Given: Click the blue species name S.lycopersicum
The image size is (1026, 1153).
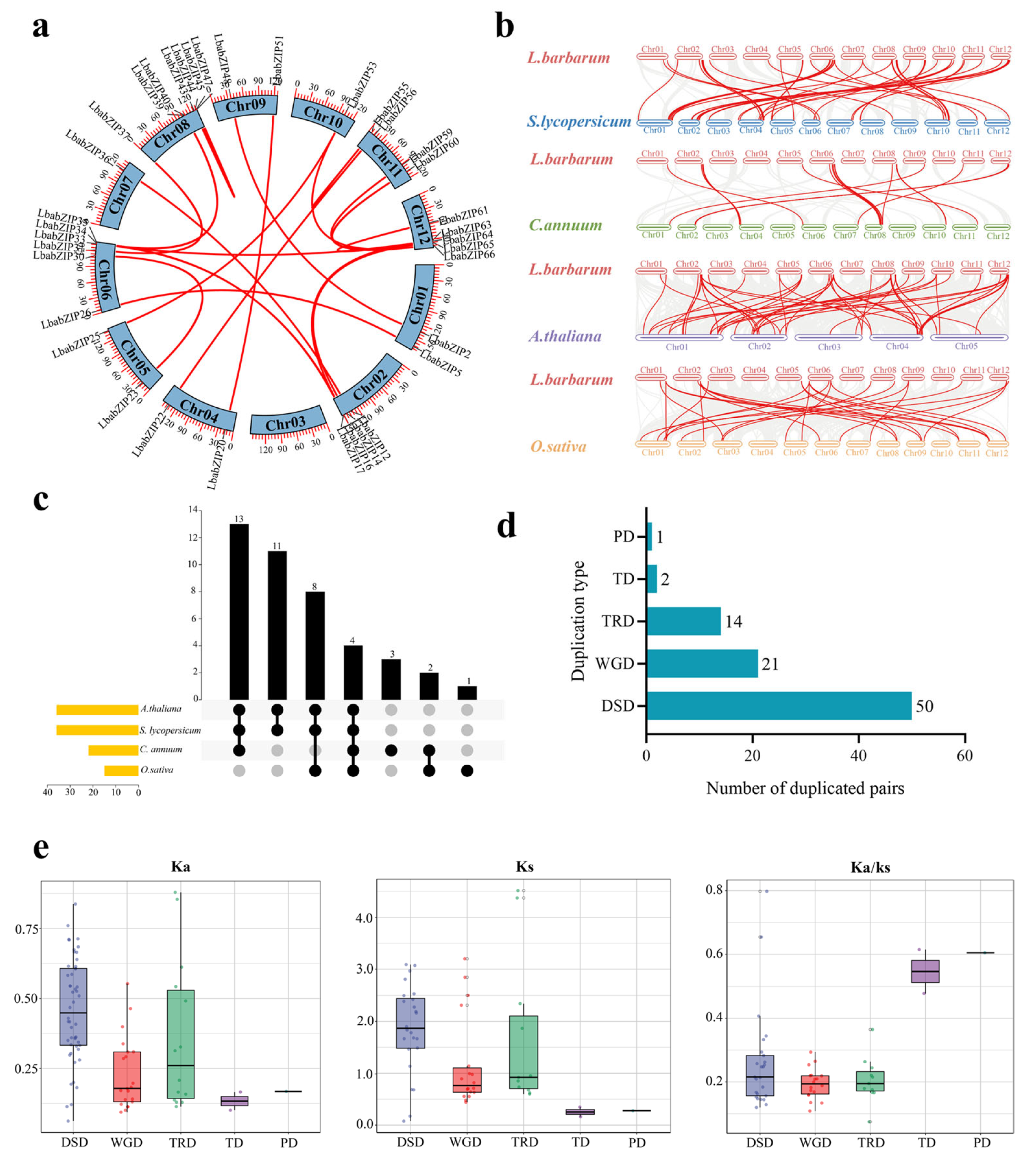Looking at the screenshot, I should [579, 121].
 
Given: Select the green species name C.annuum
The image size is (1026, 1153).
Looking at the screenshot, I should [565, 226].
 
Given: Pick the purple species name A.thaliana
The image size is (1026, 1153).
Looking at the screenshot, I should [565, 336].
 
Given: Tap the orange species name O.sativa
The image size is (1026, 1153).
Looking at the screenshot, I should [558, 447].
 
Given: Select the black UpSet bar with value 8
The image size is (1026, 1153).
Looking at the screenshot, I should [315, 645].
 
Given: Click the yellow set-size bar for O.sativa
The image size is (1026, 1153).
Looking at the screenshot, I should [121, 770].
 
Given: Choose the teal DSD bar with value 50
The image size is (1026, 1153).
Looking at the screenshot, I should [778, 706].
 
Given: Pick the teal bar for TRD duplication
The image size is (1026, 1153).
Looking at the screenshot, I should [683, 621].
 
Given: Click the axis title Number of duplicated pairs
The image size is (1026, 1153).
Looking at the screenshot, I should [805, 788].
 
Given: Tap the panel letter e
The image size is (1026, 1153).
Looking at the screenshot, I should [41, 848].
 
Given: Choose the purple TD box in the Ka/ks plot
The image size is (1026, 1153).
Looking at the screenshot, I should [925, 971].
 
